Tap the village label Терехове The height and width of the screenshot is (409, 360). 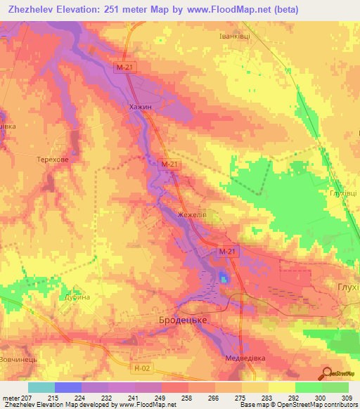53,160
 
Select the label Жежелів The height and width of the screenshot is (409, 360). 191,216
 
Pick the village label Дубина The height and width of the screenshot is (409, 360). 78,297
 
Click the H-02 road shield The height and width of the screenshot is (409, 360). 143,365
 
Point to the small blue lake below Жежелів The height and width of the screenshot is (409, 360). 224,279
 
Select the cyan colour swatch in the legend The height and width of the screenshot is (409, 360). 41,387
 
